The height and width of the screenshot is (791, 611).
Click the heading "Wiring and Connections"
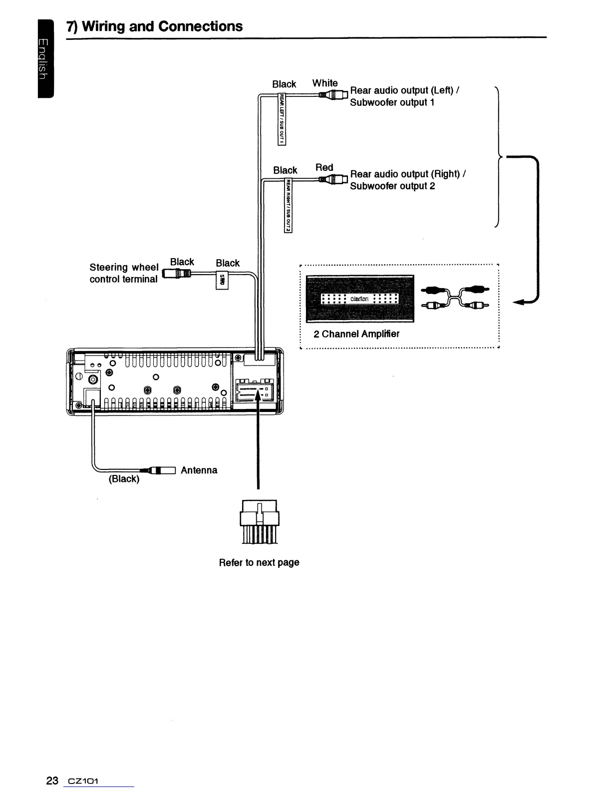click(x=155, y=26)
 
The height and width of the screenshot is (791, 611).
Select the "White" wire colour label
click(x=325, y=83)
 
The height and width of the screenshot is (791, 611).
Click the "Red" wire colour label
click(x=324, y=167)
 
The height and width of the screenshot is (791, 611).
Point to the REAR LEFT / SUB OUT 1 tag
click(x=282, y=119)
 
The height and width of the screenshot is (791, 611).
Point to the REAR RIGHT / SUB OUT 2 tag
click(x=288, y=205)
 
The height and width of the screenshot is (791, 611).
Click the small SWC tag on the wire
click(x=222, y=281)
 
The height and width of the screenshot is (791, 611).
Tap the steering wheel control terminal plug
click(x=178, y=273)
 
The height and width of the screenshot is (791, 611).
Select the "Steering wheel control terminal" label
click(x=124, y=273)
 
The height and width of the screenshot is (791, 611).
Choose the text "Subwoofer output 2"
click(x=392, y=186)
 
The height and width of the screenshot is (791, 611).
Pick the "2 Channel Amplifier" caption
click(x=356, y=334)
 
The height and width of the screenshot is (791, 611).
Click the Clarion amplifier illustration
click(x=359, y=298)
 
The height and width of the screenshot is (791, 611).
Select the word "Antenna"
click(x=199, y=470)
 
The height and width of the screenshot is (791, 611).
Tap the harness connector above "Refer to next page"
click(x=259, y=521)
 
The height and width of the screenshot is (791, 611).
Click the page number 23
click(x=52, y=781)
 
